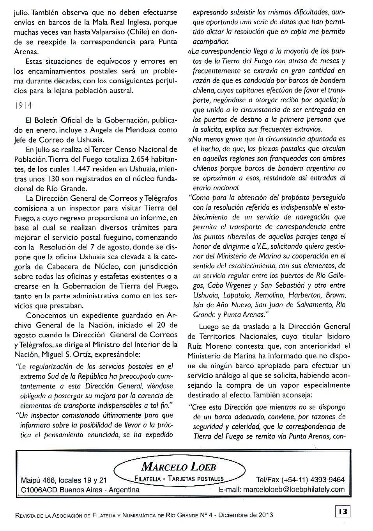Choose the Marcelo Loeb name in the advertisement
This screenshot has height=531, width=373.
179,466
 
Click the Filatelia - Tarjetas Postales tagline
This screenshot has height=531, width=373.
179,479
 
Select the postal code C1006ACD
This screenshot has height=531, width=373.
39,490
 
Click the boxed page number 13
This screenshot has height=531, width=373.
342,511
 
